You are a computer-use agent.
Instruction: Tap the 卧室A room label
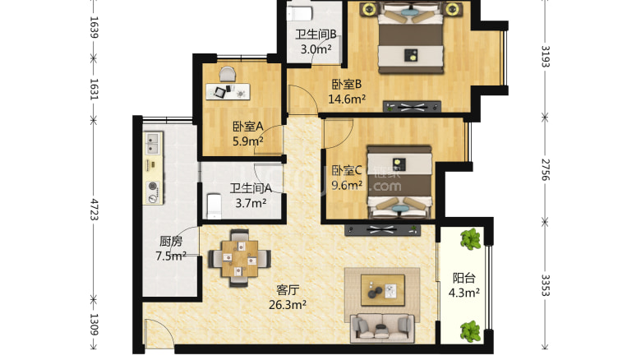tap(247, 127)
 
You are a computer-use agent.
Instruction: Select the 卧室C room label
tap(347, 171)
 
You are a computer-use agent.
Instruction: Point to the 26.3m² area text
tap(288, 305)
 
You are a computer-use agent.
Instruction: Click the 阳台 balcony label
tap(464, 277)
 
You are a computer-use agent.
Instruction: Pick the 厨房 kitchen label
tap(170, 242)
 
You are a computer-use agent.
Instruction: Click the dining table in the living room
tap(239, 257)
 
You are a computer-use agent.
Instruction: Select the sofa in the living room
tap(383, 327)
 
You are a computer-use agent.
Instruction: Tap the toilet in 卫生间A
tap(212, 205)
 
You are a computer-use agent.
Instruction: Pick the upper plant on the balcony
tap(470, 240)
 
